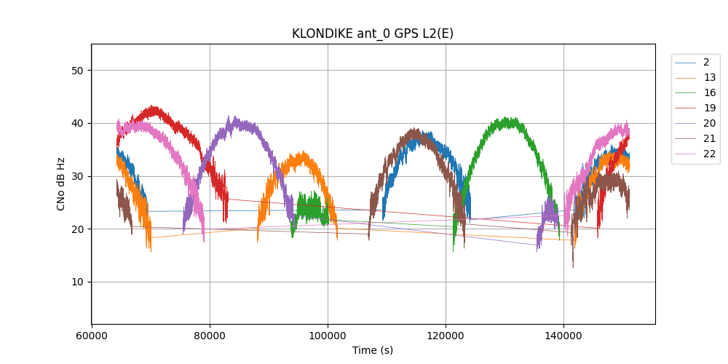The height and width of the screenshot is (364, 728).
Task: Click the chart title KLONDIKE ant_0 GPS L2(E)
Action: coord(373,33)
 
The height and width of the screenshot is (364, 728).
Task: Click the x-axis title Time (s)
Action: coord(373,350)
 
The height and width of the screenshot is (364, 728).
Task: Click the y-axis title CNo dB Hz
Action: coord(60,183)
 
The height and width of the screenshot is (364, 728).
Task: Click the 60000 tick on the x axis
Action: coord(92,337)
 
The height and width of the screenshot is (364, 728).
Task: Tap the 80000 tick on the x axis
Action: coord(210,337)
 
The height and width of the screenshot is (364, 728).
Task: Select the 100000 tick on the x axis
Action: coord(328,337)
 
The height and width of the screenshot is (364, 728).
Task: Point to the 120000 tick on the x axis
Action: coord(446,337)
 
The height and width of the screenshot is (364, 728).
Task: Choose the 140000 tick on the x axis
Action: coord(563,337)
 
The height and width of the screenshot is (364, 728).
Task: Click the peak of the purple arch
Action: coord(232,119)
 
